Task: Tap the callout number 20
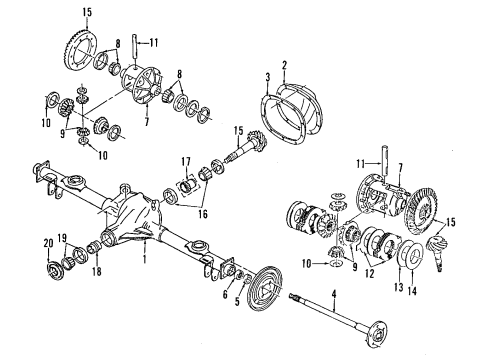[46, 243]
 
